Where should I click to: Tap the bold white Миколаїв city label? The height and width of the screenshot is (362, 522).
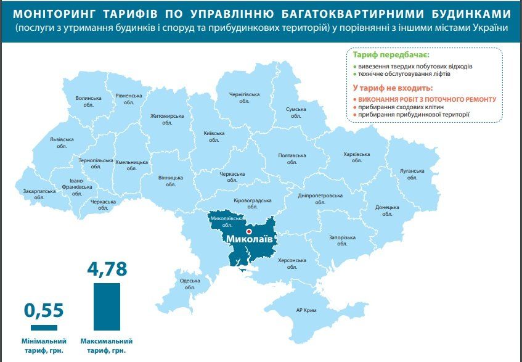[x=250, y=239]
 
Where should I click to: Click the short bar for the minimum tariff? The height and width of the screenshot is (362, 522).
[x=44, y=327]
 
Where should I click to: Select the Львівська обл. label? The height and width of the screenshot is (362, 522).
[x=62, y=143]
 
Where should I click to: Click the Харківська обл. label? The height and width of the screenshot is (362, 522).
[x=357, y=157]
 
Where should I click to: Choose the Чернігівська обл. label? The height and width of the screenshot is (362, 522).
[x=245, y=98]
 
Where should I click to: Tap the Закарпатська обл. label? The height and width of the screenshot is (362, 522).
[x=39, y=194]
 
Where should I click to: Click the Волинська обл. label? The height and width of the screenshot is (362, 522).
[x=88, y=101]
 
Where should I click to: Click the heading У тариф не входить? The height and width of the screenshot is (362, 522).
[x=393, y=88]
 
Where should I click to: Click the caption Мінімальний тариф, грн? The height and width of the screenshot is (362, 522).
[x=44, y=345]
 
